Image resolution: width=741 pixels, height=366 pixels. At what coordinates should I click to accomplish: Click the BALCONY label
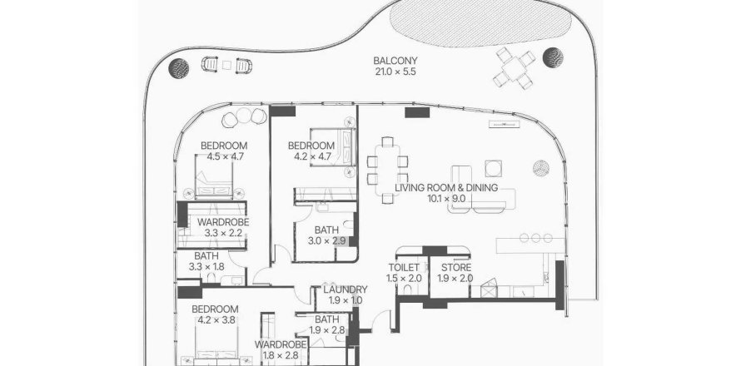point(395,61)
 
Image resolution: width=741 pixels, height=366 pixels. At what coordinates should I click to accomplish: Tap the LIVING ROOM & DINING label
point(446,188)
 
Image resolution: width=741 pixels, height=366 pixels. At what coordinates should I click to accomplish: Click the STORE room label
point(456,268)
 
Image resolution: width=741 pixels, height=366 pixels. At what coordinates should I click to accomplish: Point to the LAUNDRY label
point(346,290)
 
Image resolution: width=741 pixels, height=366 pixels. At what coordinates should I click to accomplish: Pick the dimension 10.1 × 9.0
point(446,199)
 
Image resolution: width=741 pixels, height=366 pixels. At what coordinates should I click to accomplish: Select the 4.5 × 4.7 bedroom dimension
point(223,156)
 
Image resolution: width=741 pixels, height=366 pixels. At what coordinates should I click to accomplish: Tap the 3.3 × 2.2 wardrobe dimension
point(223,233)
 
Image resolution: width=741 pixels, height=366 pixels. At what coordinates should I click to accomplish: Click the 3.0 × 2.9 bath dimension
point(327,241)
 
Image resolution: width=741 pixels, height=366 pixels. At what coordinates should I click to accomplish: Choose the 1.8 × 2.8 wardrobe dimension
point(281,355)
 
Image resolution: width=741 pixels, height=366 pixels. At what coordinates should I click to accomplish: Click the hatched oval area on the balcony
point(480,22)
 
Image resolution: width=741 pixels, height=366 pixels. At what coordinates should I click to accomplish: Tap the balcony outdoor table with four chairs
point(515,68)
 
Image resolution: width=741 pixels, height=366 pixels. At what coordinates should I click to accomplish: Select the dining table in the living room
point(388,170)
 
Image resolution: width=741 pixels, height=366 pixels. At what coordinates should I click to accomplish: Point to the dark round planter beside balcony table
point(553,57)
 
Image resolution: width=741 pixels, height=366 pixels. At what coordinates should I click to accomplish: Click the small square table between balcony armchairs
point(226,66)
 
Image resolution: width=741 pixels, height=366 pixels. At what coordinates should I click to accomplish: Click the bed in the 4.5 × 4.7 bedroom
point(215,175)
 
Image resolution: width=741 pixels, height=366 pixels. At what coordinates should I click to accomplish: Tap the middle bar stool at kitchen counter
point(536,238)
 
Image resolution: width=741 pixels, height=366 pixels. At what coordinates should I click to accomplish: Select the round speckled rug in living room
point(541,168)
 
